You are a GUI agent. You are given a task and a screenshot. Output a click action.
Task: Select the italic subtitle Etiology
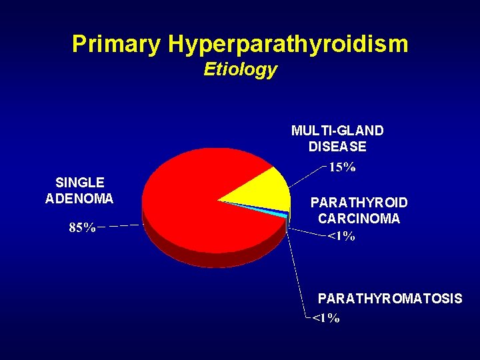click(240, 69)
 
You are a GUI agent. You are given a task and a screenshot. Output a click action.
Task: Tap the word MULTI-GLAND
click(337, 131)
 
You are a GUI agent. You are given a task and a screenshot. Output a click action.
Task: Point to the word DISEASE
click(337, 146)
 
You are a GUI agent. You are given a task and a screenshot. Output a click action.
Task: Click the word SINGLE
click(79, 183)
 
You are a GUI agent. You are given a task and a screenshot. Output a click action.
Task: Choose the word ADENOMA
click(79, 199)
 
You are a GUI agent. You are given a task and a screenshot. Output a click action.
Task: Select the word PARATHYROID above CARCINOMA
click(359, 203)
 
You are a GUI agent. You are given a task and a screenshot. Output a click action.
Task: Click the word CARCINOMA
click(359, 219)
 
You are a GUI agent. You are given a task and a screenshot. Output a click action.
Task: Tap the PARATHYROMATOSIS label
click(390, 299)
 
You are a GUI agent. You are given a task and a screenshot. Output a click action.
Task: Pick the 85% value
click(83, 228)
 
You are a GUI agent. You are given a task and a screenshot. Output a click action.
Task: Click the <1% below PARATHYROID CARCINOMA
click(341, 236)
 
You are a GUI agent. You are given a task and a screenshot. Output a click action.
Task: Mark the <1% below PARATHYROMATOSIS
click(326, 318)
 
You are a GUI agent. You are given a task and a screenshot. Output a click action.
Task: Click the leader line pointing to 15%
click(307, 175)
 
